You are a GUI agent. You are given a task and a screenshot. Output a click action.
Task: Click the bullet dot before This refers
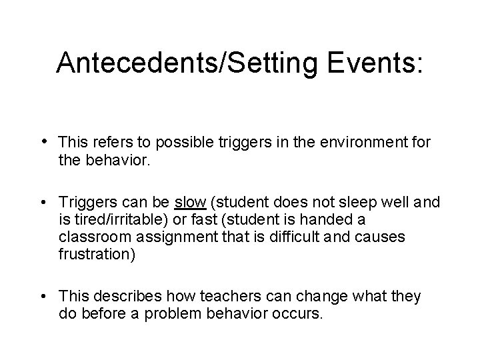pyautogui.click(x=43, y=141)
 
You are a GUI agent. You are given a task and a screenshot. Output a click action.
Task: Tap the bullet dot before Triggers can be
pyautogui.click(x=43, y=202)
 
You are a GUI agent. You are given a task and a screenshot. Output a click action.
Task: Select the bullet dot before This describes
pyautogui.click(x=43, y=296)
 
